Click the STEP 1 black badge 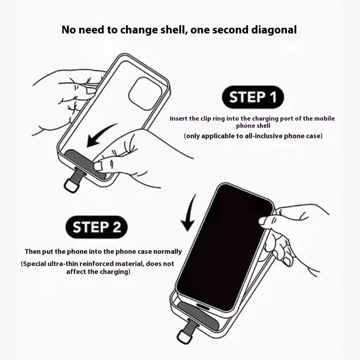point(253,97)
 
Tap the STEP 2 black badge point(97,227)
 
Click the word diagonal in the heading point(274,30)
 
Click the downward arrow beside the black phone point(189,213)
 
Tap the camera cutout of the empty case point(145,94)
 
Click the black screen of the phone point(224,248)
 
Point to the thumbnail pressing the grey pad point(98,166)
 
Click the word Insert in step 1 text point(178,118)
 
